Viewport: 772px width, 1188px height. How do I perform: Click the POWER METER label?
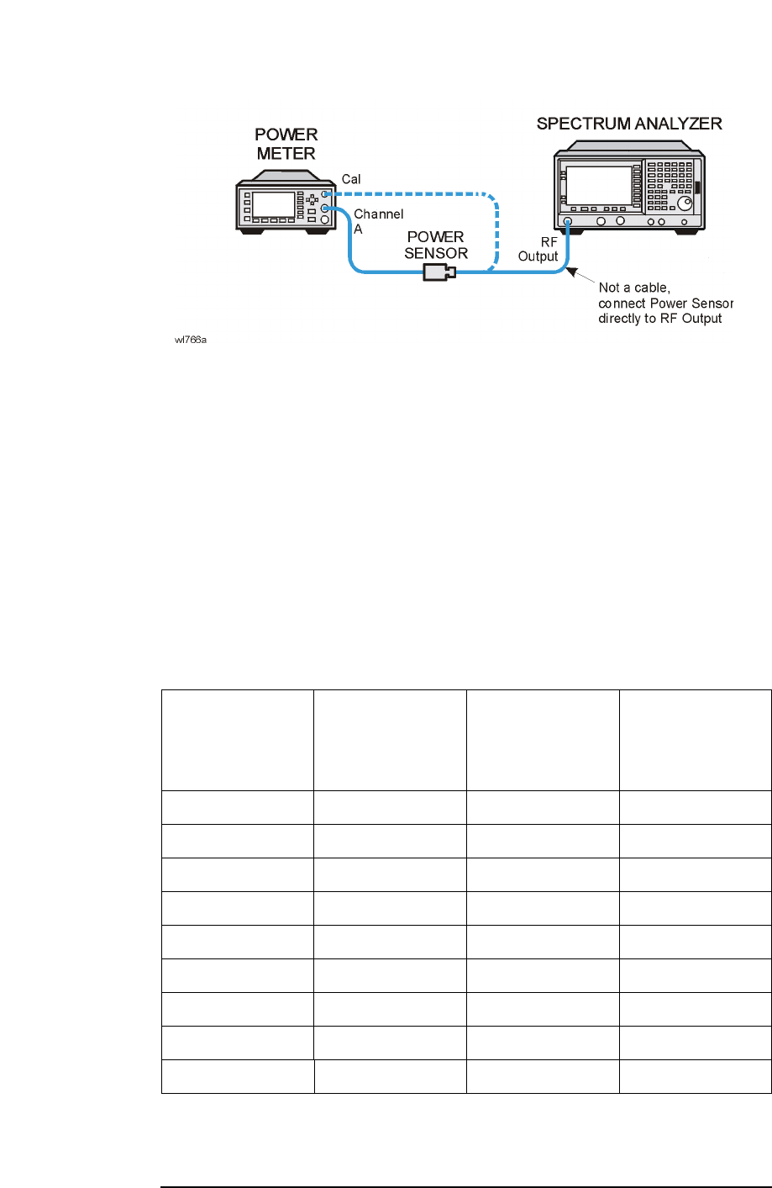coord(286,144)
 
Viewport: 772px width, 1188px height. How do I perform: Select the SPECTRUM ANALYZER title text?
coord(629,124)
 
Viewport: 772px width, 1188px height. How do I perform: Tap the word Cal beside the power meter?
coord(351,179)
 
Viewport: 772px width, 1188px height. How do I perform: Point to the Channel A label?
coord(378,221)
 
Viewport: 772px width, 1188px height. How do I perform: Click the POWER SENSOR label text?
coord(435,245)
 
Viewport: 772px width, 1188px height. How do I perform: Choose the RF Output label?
coord(538,250)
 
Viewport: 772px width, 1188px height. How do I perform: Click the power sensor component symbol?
coord(439,272)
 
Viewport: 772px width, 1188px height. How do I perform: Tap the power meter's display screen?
coord(274,204)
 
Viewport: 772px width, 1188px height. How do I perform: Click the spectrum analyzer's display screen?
coord(599,185)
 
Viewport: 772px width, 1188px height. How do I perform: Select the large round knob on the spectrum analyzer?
coord(687,203)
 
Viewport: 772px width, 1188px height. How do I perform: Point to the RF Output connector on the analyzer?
coord(568,222)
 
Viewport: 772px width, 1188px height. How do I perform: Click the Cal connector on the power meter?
coord(325,193)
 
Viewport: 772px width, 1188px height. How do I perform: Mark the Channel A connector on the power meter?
coord(325,209)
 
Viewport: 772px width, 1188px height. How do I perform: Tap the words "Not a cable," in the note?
coord(634,288)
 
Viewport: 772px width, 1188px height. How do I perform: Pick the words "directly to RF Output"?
coord(659,319)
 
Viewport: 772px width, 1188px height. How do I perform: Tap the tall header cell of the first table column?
coord(238,740)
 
